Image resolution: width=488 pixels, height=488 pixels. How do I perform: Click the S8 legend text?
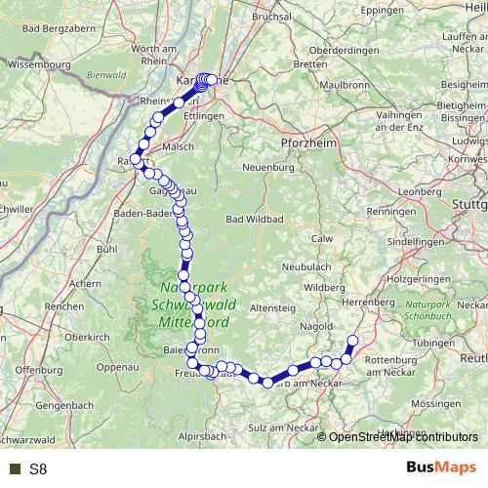(38, 469)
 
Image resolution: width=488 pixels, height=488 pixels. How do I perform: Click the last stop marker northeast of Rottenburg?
(353, 341)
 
